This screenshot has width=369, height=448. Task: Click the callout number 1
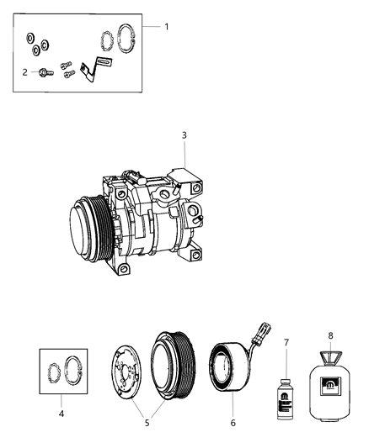[166, 26]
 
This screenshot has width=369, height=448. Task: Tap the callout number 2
[25, 72]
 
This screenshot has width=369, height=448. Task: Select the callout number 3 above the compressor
[184, 134]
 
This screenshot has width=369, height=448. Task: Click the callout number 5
[148, 422]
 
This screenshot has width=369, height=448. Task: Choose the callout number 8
[331, 335]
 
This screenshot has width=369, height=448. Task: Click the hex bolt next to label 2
[42, 72]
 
